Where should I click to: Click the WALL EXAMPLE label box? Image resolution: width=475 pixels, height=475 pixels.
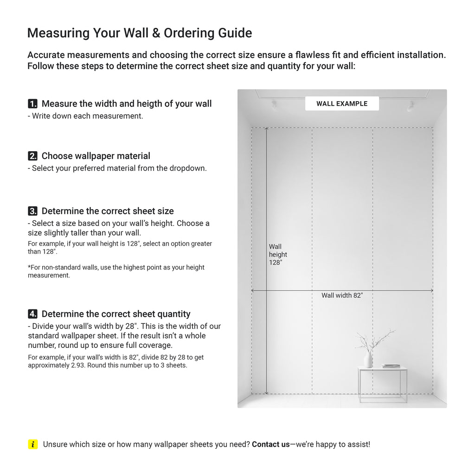pos(342,103)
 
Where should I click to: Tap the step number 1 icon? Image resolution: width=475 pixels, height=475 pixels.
pos(32,103)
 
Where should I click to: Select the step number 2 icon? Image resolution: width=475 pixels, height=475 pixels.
pos(32,156)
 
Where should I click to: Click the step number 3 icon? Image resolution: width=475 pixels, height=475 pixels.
pos(32,211)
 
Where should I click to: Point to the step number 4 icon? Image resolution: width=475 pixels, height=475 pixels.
pos(32,314)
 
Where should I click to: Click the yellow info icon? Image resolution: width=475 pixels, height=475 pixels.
pos(32,444)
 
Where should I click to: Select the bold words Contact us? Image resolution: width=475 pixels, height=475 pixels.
pos(270,444)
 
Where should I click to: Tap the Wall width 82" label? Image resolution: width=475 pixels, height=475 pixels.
pos(342,295)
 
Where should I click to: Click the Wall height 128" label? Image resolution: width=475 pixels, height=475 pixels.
pos(278,255)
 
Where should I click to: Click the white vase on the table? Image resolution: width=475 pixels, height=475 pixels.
pos(368,359)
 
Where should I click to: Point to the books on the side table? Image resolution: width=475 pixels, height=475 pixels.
pos(391,366)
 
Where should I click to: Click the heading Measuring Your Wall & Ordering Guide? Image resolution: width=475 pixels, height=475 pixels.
pos(140,33)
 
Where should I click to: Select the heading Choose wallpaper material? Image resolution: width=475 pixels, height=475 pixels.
pos(96,156)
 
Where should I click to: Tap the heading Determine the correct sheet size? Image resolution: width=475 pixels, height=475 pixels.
pos(108,211)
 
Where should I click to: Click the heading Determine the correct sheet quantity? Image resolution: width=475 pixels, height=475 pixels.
pos(116,314)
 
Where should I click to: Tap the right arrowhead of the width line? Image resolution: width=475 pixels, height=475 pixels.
pos(432,290)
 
